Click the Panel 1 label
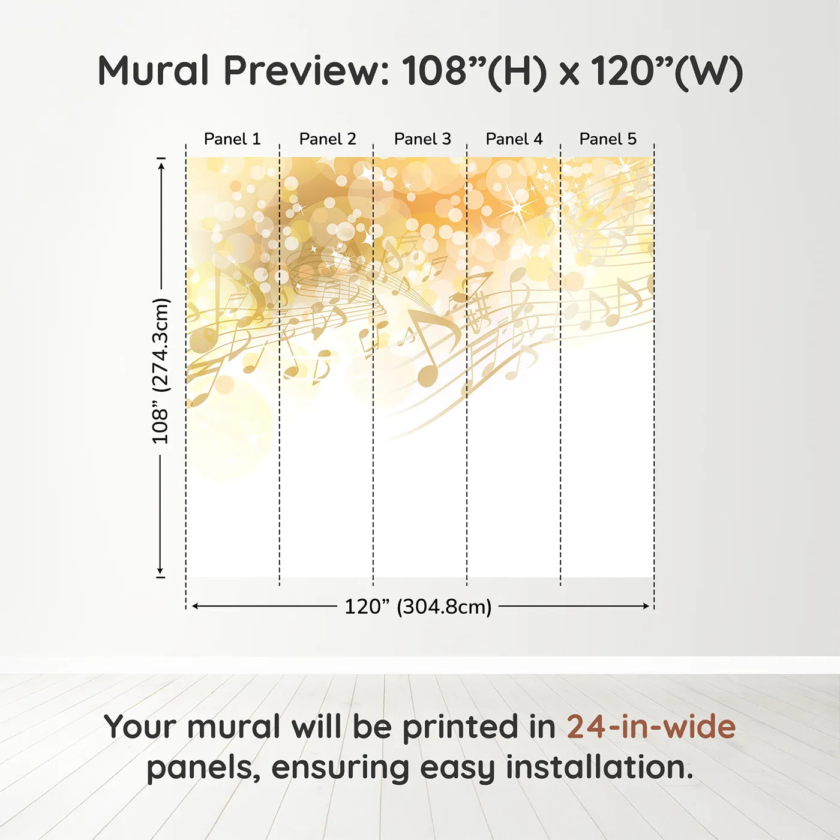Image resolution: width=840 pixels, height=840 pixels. point(232,139)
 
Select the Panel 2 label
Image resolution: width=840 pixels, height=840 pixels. point(328,139)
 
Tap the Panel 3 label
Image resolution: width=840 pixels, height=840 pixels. point(422,139)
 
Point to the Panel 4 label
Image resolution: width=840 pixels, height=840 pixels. point(514,139)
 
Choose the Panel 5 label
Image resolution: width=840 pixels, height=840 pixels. point(608,139)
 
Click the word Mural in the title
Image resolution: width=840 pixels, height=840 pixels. point(153,71)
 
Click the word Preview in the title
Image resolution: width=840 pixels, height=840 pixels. point(307,71)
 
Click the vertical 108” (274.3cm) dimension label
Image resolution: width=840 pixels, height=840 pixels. point(161,371)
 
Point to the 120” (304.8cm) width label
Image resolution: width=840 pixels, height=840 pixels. point(418,607)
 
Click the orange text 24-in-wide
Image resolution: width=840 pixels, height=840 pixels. point(651,727)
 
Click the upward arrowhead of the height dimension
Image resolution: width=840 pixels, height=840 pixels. point(161,165)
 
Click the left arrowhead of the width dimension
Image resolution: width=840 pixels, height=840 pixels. point(195,606)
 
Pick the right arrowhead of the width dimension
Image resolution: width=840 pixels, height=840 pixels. point(646,606)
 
